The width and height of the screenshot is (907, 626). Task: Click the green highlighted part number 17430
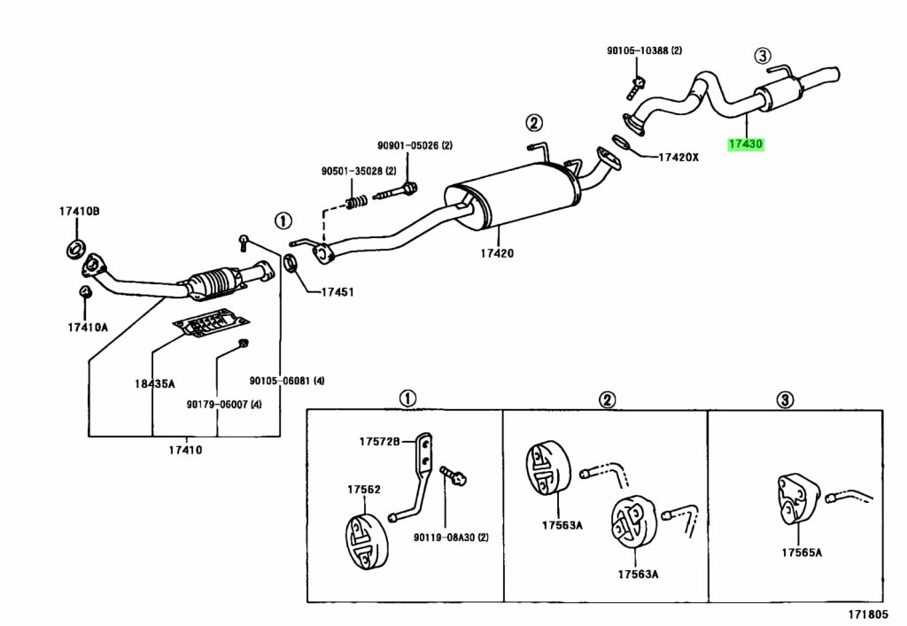pos(746,144)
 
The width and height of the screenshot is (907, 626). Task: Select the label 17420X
pos(678,157)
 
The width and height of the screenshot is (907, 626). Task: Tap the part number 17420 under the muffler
pos(497,252)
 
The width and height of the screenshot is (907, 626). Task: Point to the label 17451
pos(337,292)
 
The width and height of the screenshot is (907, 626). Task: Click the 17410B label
pos(79,211)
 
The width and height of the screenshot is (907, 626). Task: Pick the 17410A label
pos(88,327)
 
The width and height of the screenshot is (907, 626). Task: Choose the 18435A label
pos(154,383)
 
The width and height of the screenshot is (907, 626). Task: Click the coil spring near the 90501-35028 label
pos(357,202)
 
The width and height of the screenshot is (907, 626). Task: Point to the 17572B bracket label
pos(379,442)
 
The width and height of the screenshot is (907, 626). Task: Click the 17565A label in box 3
pos(802,552)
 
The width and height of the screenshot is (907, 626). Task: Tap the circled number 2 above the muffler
pos(534,122)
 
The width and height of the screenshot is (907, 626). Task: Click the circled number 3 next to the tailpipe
pos(763,56)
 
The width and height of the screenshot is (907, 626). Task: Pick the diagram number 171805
pos(868,614)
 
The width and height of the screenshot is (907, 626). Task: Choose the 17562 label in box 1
pos(364,489)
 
